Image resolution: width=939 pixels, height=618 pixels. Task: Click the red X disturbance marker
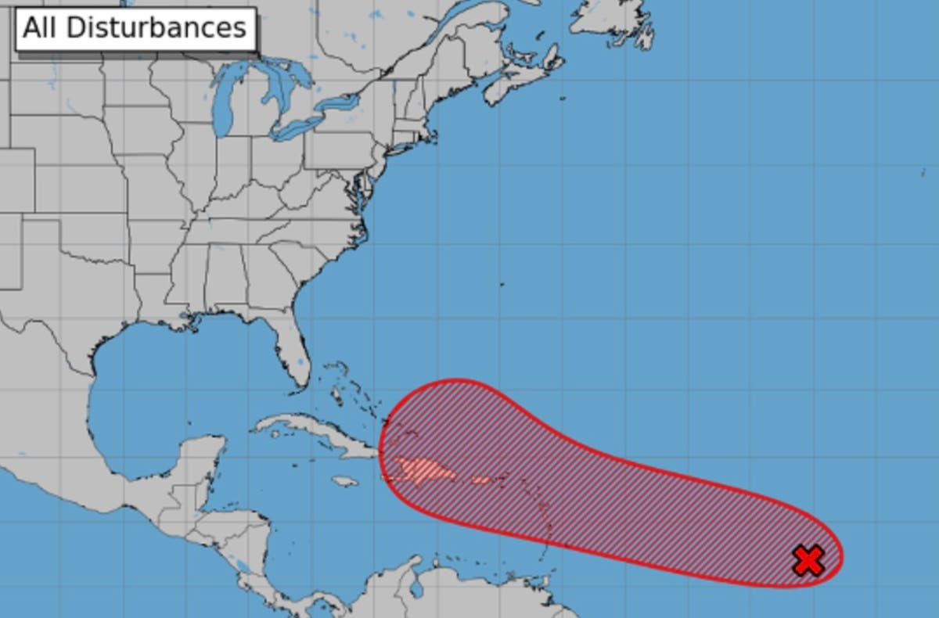coord(808,560)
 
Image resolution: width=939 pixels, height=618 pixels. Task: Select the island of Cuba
coord(313,435)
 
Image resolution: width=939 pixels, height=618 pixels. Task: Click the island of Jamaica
coord(344,481)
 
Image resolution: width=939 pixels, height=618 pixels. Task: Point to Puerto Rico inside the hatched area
coord(480,480)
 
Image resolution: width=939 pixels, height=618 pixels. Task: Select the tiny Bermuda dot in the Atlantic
coord(502,284)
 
